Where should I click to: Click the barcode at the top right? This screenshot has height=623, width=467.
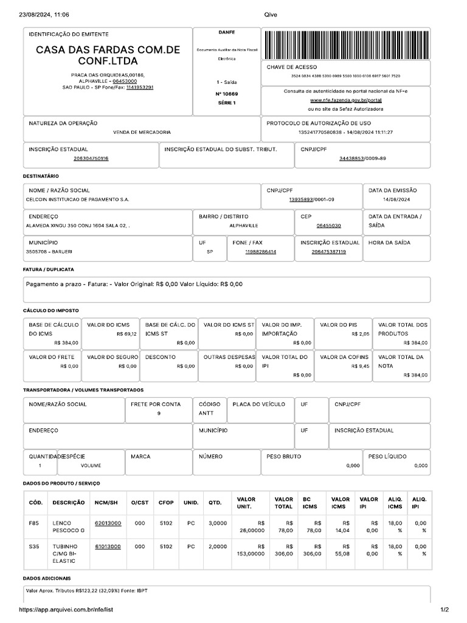click(x=348, y=44)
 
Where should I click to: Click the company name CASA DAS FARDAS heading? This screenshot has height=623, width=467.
click(x=108, y=55)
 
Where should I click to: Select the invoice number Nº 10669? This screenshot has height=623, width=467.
click(x=227, y=94)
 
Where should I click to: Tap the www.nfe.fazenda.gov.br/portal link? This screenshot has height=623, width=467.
click(x=345, y=100)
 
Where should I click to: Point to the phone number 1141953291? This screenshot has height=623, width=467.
click(x=140, y=87)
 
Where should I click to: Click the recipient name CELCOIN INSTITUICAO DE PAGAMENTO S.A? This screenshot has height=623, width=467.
click(x=77, y=200)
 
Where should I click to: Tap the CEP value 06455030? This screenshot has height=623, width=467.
click(x=328, y=225)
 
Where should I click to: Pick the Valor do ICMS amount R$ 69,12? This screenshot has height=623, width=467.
click(x=126, y=334)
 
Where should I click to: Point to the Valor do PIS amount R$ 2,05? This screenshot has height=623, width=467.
click(x=360, y=334)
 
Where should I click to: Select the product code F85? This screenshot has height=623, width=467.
click(x=33, y=523)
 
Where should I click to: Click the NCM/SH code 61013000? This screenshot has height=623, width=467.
click(x=108, y=546)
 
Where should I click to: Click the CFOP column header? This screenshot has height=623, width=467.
click(x=166, y=503)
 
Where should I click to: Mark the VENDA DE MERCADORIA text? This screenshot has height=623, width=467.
click(x=142, y=132)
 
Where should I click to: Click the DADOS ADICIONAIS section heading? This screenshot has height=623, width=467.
click(x=47, y=578)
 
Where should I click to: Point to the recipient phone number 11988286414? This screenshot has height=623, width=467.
click(x=260, y=251)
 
